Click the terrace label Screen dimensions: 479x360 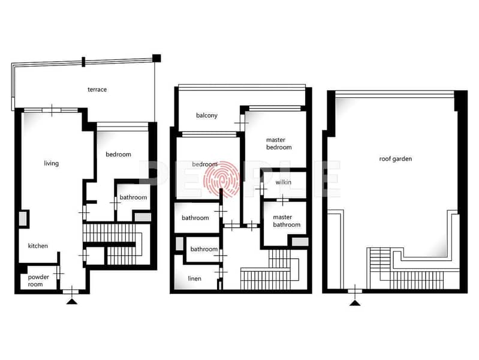pos(97,89)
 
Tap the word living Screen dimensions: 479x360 pos(52,163)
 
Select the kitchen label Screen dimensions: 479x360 pos(38,246)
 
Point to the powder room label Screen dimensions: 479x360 pos(38,280)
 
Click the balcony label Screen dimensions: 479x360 pos(207,116)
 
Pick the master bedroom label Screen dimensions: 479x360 pos(279,143)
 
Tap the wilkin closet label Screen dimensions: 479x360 pos(283,182)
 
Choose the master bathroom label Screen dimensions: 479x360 pos(286,221)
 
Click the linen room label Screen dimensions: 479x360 pos(194,278)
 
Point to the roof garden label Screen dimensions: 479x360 pos(395,159)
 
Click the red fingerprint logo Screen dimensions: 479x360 pos(221,179)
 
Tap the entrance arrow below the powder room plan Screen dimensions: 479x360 pos(72,302)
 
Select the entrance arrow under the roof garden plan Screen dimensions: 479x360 pos(355,303)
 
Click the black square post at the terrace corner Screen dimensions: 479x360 pos(156,58)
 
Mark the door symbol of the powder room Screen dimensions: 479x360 pos(58,274)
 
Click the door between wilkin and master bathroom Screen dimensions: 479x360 pos(282,200)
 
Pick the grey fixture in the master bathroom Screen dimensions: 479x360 pos(300,242)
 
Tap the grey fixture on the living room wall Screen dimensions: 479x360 pos(23,218)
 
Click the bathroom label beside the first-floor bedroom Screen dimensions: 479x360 pos(133,197)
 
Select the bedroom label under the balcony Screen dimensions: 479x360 pos(204,164)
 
